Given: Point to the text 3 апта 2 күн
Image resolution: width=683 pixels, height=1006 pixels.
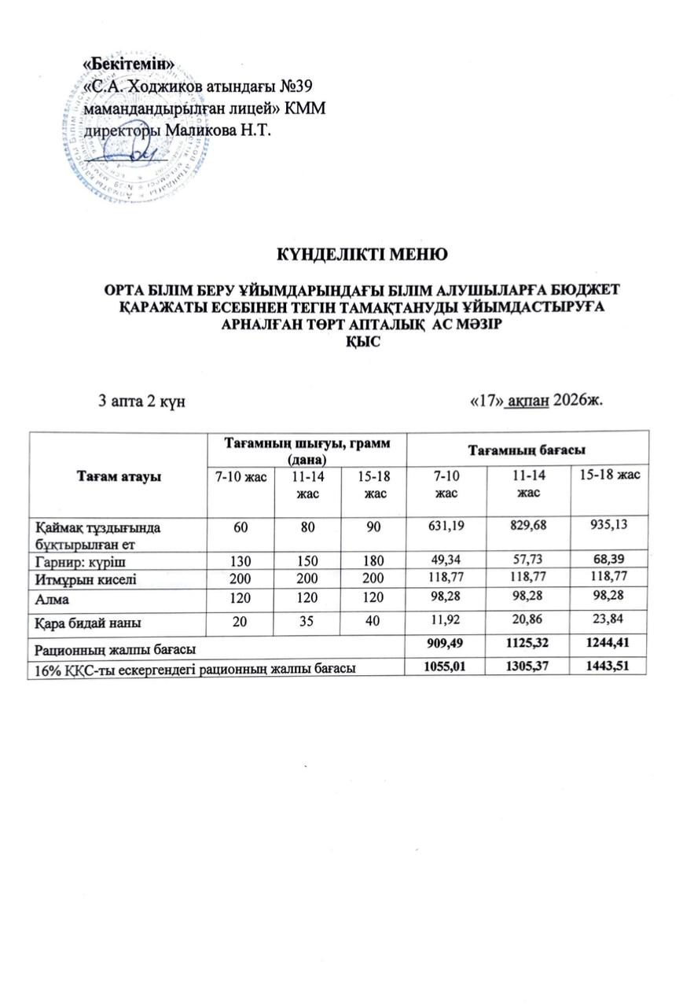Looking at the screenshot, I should pyautogui.click(x=141, y=401).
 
